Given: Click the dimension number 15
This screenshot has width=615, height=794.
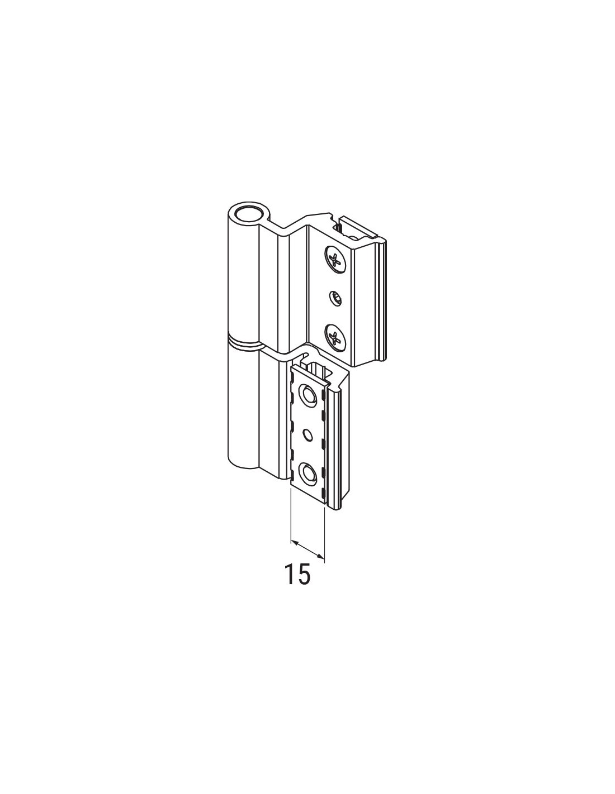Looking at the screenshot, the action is [298, 584].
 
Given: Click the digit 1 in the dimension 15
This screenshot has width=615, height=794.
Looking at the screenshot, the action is [289, 584].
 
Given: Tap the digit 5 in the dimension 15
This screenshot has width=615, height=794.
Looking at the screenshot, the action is [304, 584].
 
